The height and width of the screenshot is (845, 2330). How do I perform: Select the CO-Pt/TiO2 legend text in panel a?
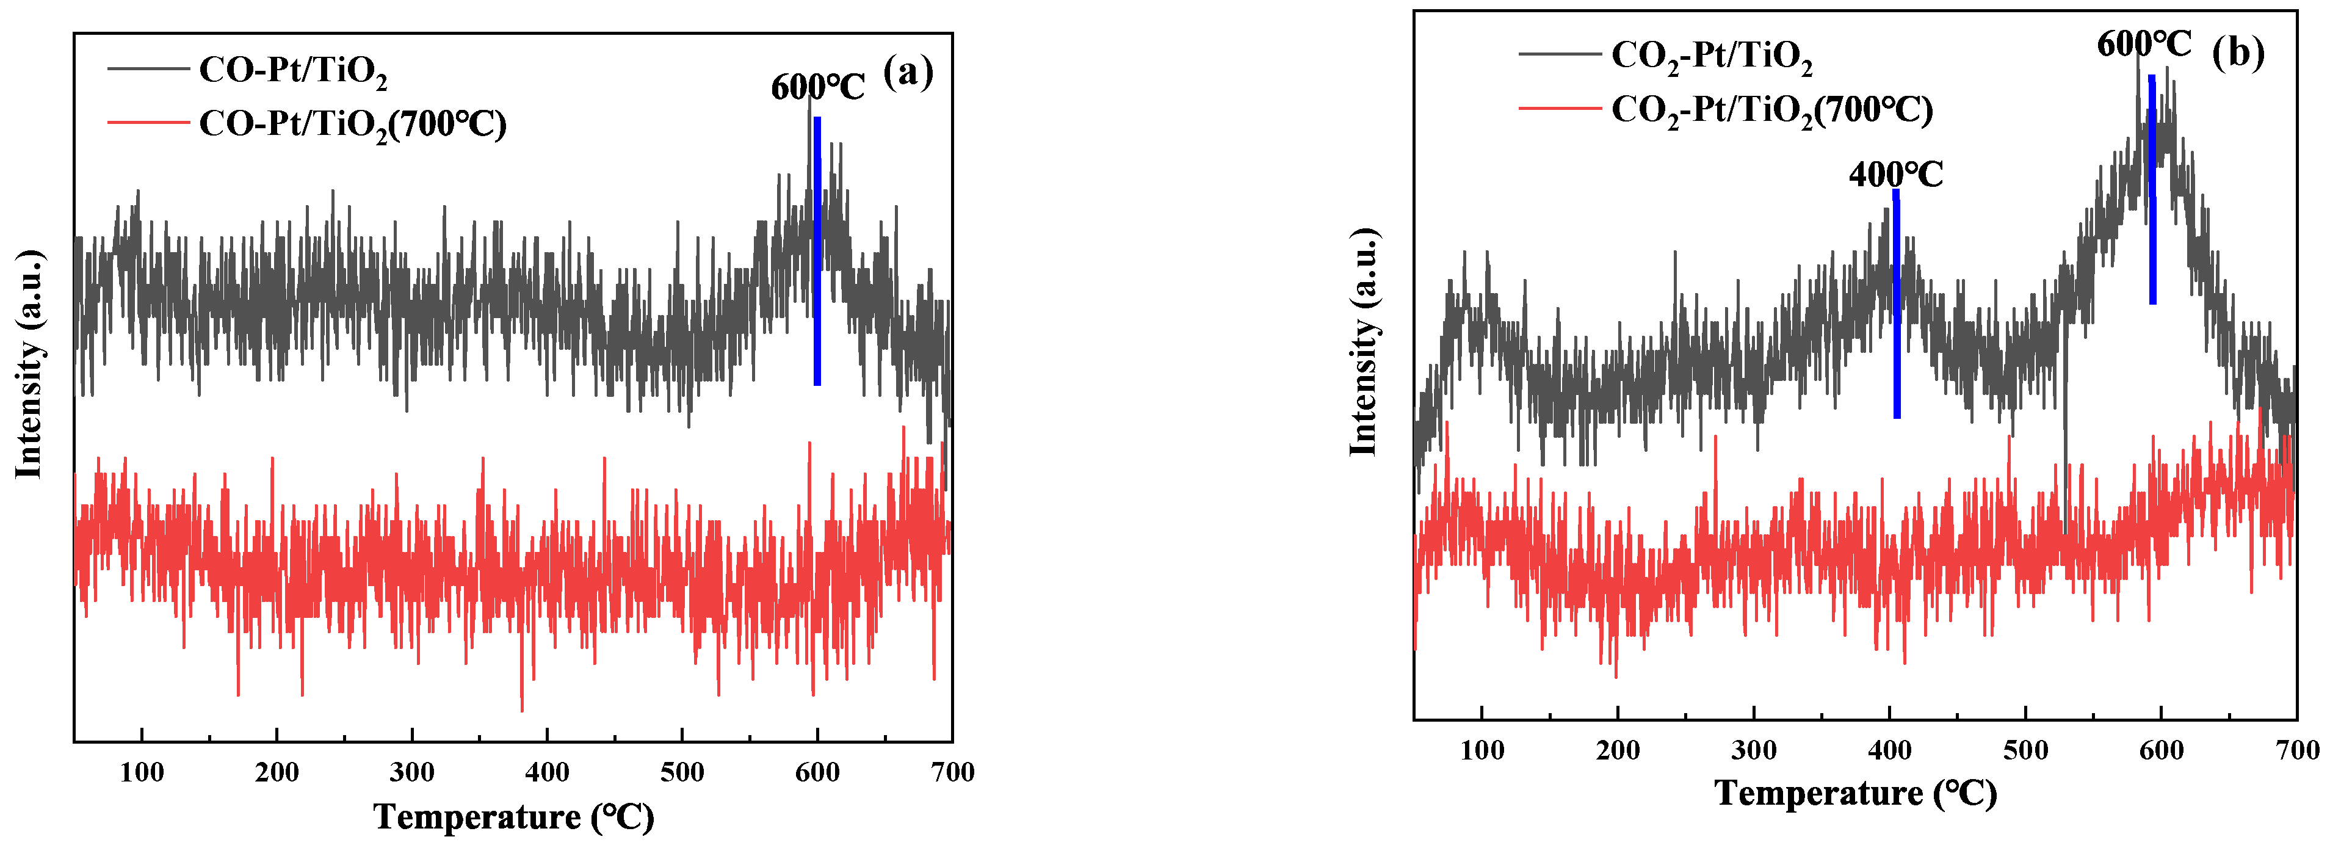click(292, 71)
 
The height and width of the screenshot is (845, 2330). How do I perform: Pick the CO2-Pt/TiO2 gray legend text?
click(1711, 56)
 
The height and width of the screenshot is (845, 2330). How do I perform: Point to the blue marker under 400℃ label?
click(1896, 308)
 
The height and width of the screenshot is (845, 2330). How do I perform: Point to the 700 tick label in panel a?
click(952, 772)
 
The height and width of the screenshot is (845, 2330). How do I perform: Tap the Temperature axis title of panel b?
click(1855, 794)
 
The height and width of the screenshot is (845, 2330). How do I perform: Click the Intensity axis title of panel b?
click(1363, 342)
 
